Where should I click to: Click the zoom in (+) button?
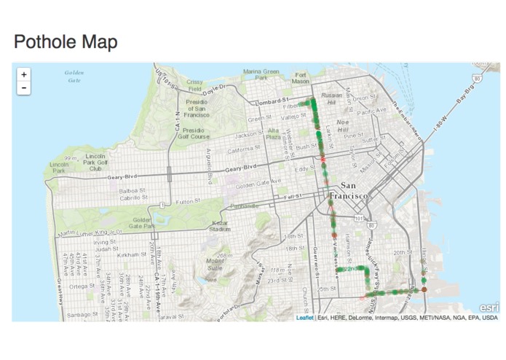(24, 74)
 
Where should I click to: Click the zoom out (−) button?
(24, 87)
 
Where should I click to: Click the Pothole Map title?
(66, 42)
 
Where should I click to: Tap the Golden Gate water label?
(74, 76)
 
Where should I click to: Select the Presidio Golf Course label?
(190, 133)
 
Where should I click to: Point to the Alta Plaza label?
(273, 133)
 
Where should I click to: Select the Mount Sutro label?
(215, 264)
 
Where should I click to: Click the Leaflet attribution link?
(305, 318)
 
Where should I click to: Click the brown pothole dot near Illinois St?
(424, 290)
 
